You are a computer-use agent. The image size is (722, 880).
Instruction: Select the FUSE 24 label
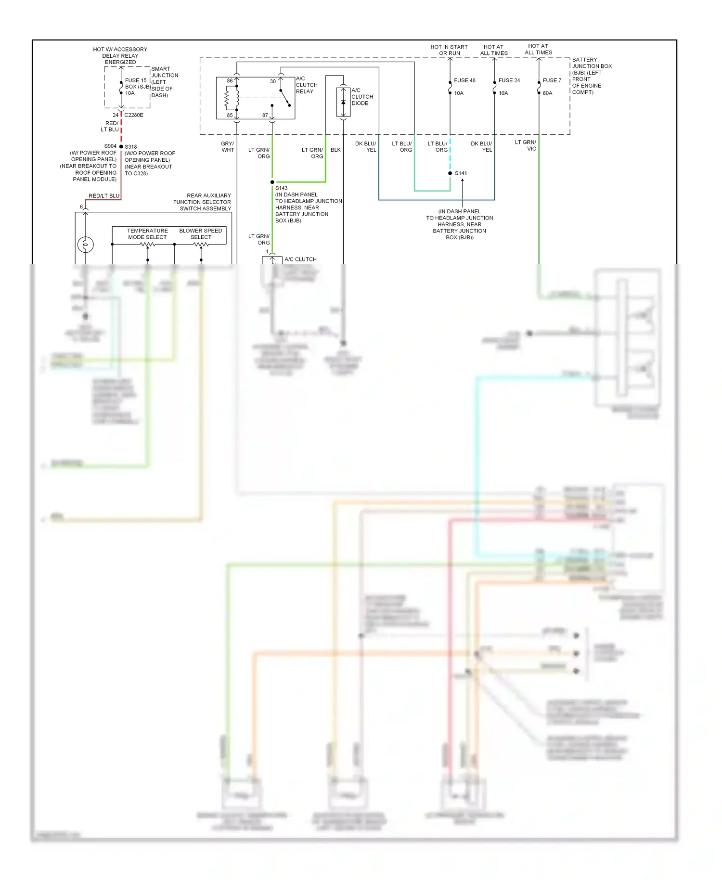[509, 80]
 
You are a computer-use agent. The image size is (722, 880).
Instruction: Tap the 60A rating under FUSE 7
[547, 93]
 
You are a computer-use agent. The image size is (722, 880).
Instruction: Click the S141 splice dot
[450, 173]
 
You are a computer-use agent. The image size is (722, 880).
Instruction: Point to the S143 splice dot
[272, 182]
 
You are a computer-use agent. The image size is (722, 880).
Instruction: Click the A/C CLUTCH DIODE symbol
[343, 102]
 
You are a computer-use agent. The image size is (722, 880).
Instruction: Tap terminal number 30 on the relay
[273, 81]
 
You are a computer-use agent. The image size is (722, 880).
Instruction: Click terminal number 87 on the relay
[265, 115]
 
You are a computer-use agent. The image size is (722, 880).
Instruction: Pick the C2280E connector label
[134, 115]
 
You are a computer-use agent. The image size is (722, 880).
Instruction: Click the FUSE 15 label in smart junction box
[136, 80]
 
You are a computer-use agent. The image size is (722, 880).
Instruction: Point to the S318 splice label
[131, 147]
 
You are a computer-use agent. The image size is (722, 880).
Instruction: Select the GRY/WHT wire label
[228, 147]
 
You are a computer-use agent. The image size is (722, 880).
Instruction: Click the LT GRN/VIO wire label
[526, 145]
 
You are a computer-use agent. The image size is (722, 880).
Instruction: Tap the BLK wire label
[335, 150]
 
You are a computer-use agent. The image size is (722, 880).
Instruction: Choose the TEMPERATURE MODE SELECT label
[147, 234]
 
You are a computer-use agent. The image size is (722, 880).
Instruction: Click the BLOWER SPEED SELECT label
[201, 234]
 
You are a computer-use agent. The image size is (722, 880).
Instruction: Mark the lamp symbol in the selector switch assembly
[86, 245]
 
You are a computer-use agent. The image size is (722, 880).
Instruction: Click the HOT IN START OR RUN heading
[449, 50]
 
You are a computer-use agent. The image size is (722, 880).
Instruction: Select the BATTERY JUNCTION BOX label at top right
[592, 63]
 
